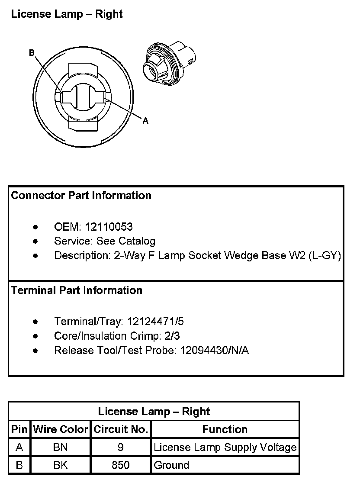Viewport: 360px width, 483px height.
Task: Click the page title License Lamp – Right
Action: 67,14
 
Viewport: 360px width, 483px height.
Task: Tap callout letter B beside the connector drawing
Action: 32,53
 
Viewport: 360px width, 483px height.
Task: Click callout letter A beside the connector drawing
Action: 145,122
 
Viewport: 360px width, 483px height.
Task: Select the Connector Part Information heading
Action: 81,196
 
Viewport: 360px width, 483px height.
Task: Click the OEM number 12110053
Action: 109,227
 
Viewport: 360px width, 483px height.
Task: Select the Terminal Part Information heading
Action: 77,290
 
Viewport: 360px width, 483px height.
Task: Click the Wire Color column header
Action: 61,430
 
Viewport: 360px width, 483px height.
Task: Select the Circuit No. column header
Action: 121,430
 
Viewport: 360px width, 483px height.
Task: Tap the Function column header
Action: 225,430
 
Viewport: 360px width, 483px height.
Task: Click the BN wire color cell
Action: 61,448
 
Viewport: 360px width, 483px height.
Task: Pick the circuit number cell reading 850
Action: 121,465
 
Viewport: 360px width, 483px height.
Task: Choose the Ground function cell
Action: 171,465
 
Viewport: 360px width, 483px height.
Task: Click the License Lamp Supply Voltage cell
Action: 225,448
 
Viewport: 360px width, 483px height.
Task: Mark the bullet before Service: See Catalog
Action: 35,241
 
